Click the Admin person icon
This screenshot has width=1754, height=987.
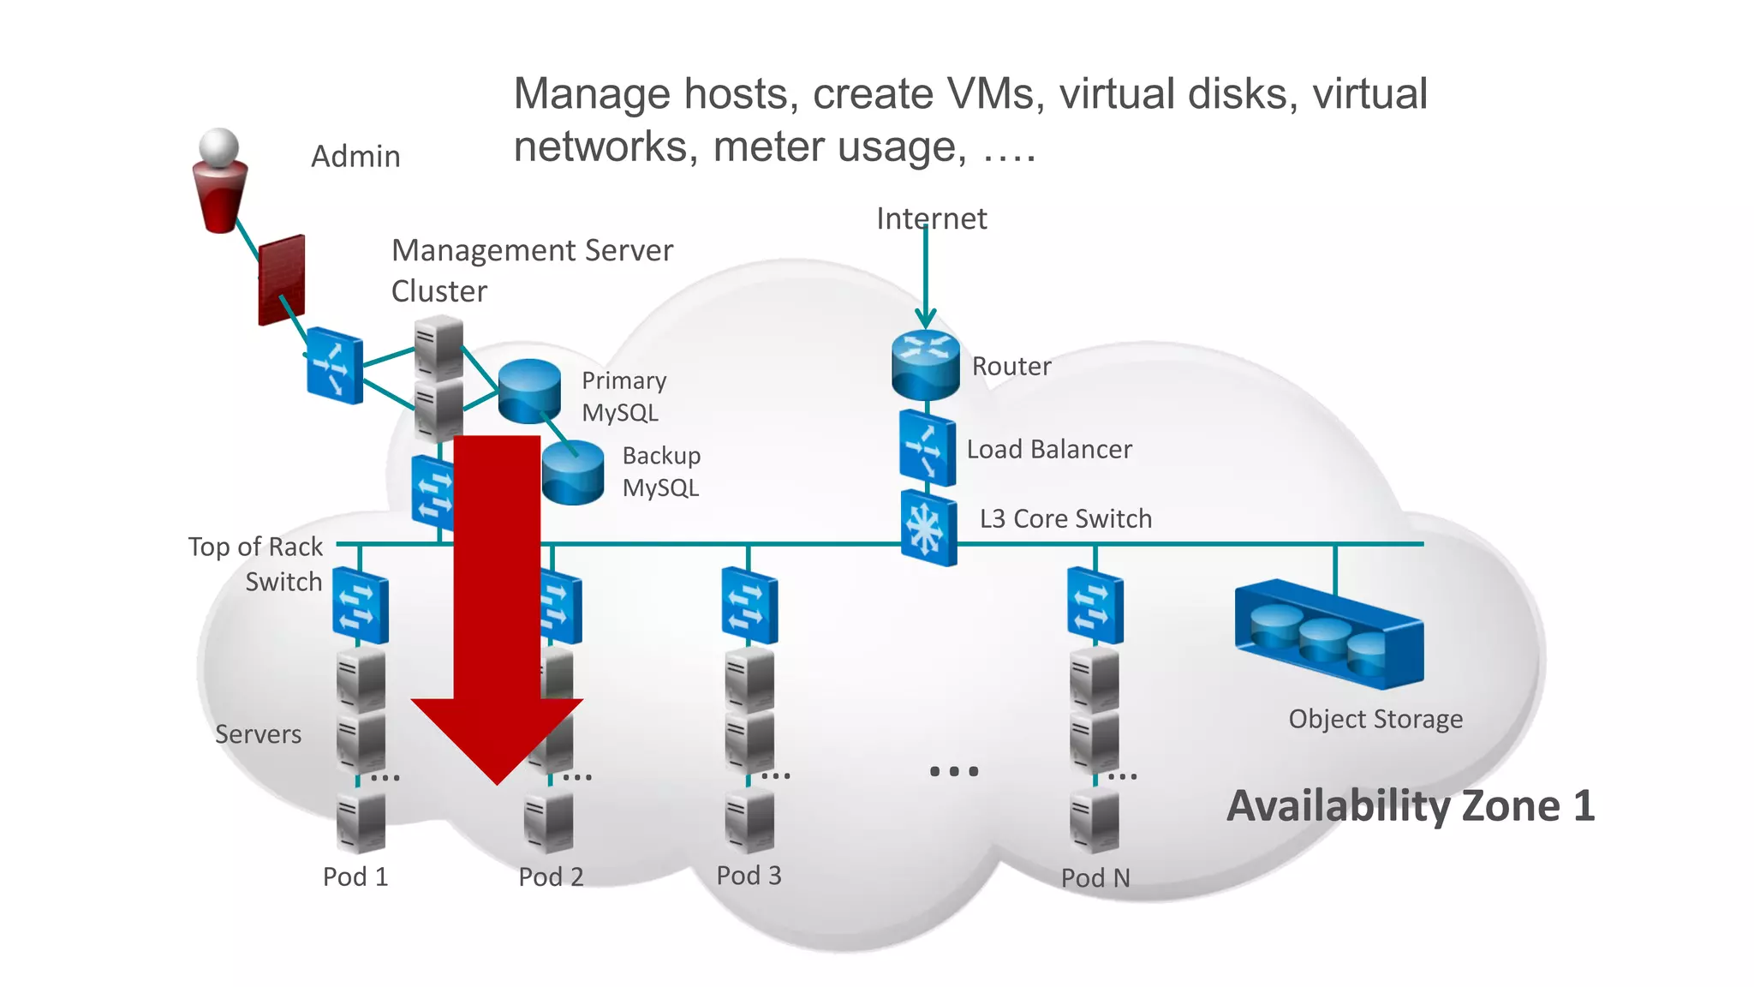click(220, 182)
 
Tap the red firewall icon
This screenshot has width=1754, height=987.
click(282, 280)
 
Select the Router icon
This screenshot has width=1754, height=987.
click(925, 364)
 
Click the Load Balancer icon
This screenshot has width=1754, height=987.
click(927, 448)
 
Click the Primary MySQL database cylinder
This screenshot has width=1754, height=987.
click(529, 391)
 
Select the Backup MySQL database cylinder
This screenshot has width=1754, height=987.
click(573, 472)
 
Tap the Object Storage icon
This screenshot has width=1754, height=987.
click(1328, 635)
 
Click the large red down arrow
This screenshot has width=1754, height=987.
click(497, 600)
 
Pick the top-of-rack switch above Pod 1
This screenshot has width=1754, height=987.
click(361, 606)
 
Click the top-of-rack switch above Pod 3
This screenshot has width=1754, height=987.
click(749, 606)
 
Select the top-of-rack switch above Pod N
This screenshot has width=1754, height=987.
click(1095, 606)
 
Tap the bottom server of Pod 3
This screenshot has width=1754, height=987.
click(749, 821)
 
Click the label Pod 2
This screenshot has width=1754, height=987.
click(551, 876)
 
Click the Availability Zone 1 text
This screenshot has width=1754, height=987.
click(1410, 806)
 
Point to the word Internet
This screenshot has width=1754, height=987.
click(931, 218)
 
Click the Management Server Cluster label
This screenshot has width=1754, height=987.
click(531, 270)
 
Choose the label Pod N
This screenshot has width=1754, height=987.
click(1095, 877)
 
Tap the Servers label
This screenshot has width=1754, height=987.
click(258, 734)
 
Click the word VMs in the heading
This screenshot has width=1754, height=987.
click(995, 93)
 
